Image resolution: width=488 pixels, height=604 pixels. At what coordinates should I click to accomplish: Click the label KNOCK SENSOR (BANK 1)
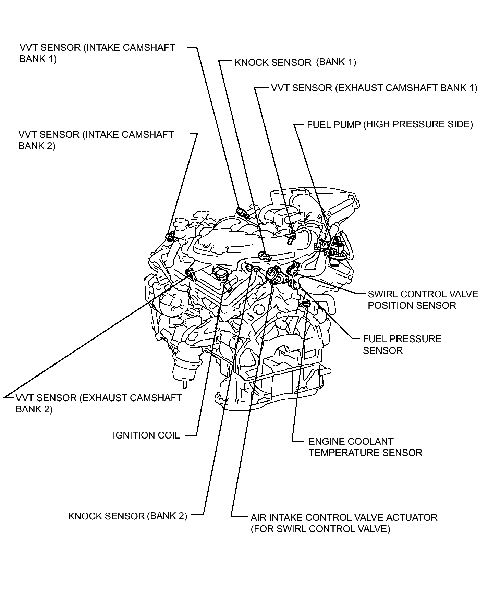coord(295,62)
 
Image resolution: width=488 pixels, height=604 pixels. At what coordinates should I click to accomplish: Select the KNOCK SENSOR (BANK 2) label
coord(127,516)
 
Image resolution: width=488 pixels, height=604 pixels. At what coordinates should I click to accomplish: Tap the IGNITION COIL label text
coord(146,435)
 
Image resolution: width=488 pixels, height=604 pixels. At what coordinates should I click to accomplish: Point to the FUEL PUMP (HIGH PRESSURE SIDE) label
coord(390,124)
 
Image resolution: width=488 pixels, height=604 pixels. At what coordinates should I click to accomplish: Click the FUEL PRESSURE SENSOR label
coord(402,345)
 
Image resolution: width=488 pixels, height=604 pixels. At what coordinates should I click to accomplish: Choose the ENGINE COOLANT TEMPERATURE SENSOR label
coord(365,447)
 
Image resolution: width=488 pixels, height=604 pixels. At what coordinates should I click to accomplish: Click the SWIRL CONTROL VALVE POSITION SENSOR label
coord(423,299)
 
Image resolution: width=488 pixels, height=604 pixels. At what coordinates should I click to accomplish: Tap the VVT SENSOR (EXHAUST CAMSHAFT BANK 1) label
coord(374,88)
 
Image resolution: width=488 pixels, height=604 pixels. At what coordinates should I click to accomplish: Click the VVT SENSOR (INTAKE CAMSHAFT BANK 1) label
coord(97,53)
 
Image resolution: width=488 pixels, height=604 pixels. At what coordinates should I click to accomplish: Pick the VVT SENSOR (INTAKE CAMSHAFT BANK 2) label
coord(96,140)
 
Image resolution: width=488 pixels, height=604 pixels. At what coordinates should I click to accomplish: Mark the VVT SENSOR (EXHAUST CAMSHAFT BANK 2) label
coord(99,403)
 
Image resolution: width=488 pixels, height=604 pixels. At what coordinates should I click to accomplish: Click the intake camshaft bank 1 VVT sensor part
coord(242,212)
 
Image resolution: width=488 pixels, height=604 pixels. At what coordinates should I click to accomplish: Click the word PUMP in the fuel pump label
coord(347,125)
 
